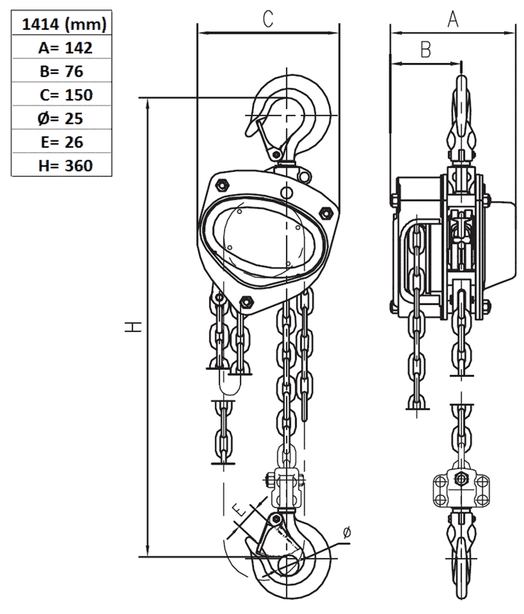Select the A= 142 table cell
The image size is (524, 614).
tap(61, 48)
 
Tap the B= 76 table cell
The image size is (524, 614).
tap(61, 72)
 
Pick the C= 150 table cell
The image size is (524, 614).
tap(61, 95)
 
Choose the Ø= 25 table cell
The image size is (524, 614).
tap(61, 118)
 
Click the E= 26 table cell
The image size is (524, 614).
tap(61, 142)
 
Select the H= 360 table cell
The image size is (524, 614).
tap(61, 165)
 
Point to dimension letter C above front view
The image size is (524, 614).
tap(268, 17)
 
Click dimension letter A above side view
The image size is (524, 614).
tap(452, 17)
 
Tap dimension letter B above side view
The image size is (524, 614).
tap(424, 48)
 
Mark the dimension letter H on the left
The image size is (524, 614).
tap(135, 327)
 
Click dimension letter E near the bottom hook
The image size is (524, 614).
tap(239, 512)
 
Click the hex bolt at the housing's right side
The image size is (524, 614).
tap(326, 211)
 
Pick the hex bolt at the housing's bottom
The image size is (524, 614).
tap(243, 302)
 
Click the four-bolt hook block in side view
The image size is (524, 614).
tap(460, 490)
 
